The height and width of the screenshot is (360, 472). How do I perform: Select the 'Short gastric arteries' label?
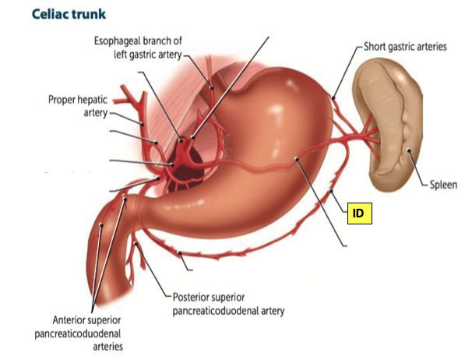[405, 47]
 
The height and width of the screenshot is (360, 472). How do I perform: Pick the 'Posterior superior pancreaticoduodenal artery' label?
[227, 303]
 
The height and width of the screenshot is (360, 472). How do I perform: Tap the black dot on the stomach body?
[298, 160]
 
